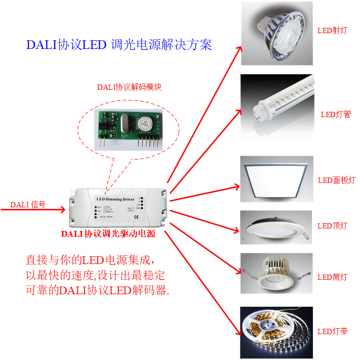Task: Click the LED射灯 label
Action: coord(332,30)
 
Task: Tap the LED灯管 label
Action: coord(336,114)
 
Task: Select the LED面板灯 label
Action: coord(336,180)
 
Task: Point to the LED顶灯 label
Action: coord(332,226)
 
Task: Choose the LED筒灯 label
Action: coord(332,277)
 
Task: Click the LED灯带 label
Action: coord(332,332)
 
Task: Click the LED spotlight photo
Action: coord(276,33)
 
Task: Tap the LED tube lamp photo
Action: coord(276,107)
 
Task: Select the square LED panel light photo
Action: coord(276,179)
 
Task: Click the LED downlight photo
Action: coord(276,273)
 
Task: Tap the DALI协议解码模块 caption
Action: coord(129,87)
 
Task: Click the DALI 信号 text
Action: coord(28,205)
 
